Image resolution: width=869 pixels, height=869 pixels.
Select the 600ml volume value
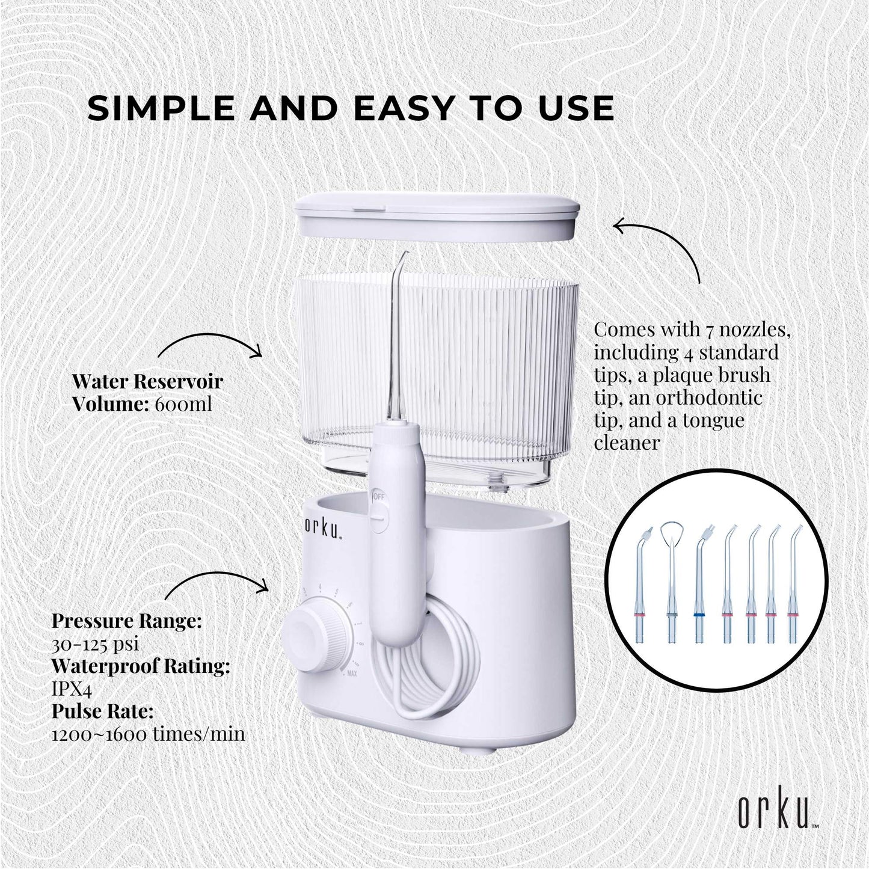click(x=183, y=404)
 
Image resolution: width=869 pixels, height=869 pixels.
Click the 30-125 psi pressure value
click(x=96, y=644)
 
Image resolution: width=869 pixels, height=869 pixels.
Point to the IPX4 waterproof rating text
click(x=72, y=689)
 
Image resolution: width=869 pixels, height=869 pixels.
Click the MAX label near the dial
click(x=352, y=674)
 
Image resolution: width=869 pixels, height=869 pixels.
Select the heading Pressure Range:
click(x=126, y=621)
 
